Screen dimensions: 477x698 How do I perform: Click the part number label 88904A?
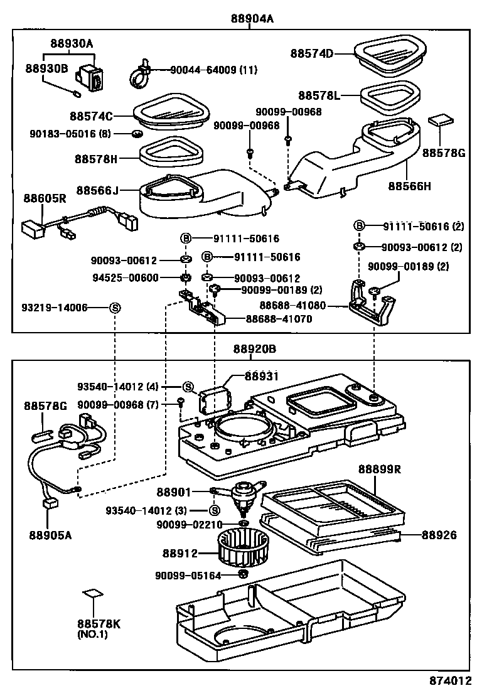[x=252, y=18]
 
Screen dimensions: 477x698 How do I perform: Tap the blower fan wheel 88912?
[x=237, y=547]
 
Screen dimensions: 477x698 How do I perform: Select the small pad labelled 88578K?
[x=93, y=593]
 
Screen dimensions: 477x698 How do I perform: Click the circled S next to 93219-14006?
[x=114, y=308]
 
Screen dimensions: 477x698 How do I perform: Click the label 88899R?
[x=379, y=469]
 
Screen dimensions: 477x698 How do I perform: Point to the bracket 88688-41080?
[x=372, y=303]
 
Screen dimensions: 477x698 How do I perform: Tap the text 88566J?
[x=97, y=191]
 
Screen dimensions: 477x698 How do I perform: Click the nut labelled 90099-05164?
[x=243, y=573]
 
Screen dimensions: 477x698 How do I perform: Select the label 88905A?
[x=50, y=535]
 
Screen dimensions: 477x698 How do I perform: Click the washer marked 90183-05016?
[x=137, y=134]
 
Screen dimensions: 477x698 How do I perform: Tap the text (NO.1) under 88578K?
[x=92, y=635]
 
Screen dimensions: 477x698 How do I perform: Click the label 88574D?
[x=311, y=53]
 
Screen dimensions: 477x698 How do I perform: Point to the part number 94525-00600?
[x=126, y=278]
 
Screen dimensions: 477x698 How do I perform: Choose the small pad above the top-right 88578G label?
[x=441, y=121]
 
